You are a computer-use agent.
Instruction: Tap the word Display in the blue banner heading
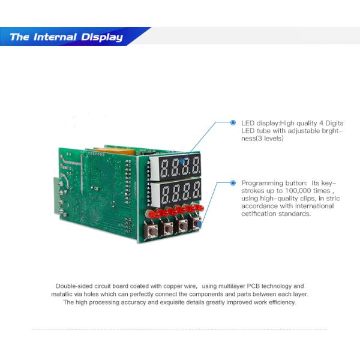(x=101, y=37)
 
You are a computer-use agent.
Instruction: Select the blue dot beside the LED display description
(x=233, y=122)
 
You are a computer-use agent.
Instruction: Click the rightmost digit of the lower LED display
(x=195, y=192)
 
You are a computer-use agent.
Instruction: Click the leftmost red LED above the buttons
(x=154, y=214)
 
